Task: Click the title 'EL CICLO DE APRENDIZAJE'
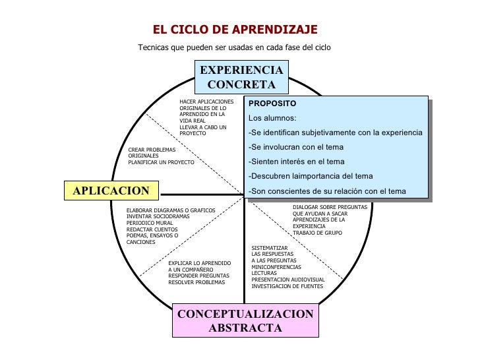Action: pyautogui.click(x=235, y=30)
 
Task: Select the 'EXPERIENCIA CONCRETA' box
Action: pyautogui.click(x=241, y=77)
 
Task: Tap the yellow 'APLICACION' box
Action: pyautogui.click(x=111, y=191)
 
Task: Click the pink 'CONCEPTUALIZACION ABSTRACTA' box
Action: pyautogui.click(x=245, y=320)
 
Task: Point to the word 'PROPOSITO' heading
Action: pyautogui.click(x=272, y=104)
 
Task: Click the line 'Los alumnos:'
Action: pyautogui.click(x=272, y=118)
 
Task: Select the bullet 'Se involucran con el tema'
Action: pyautogui.click(x=296, y=147)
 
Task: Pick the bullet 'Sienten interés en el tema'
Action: pyautogui.click(x=296, y=162)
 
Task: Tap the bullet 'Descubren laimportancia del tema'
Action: pyautogui.click(x=311, y=176)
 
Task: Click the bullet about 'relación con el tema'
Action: pyautogui.click(x=327, y=191)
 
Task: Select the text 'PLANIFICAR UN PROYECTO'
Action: pyautogui.click(x=161, y=162)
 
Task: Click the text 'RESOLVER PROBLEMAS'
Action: pyautogui.click(x=196, y=282)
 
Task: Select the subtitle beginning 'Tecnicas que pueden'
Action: pyautogui.click(x=234, y=47)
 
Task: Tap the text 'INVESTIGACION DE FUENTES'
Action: pyautogui.click(x=287, y=286)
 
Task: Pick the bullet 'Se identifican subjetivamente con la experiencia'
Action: pyautogui.click(x=335, y=133)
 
